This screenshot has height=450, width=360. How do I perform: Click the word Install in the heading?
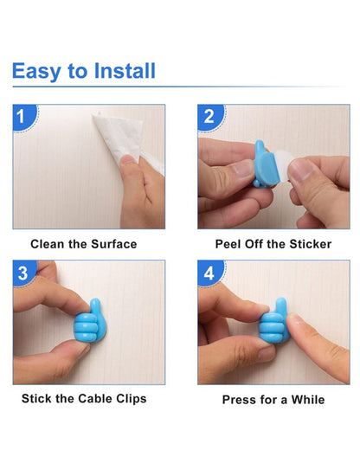coord(125,71)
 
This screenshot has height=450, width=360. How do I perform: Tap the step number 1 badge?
coord(25,117)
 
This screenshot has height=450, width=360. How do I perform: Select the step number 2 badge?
coord(210,117)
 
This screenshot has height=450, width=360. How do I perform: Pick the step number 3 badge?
coord(24,273)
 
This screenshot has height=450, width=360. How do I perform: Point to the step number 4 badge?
coord(210,273)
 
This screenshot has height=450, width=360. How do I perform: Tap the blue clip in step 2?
coord(266,164)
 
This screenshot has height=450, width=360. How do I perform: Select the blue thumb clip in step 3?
coord(90,321)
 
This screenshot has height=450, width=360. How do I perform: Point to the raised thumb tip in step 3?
coord(95,303)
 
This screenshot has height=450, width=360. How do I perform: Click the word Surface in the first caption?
coord(114,244)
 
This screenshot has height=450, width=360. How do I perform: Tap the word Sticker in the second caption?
coord(311,244)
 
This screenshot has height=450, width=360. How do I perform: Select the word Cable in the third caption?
coord(95,399)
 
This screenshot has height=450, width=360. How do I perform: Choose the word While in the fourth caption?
coord(308,400)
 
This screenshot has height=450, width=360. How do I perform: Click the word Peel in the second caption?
coord(228,244)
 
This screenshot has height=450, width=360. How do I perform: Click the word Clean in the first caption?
coord(48,244)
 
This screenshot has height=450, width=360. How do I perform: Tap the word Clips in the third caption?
coord(132,399)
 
